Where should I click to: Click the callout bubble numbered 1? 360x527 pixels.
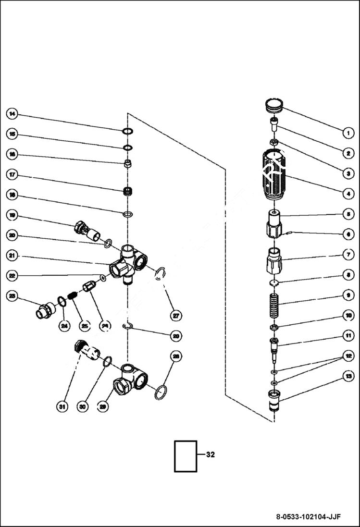click(346, 132)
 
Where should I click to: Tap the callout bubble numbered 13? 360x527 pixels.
click(346, 376)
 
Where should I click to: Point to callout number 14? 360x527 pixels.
click(12, 114)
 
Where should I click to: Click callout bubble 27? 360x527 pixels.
click(176, 315)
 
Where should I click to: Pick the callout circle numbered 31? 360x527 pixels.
click(62, 406)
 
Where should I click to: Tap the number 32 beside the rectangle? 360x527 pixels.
click(210, 454)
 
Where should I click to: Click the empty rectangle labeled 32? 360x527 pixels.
click(186, 456)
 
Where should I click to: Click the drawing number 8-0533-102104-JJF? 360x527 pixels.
click(308, 517)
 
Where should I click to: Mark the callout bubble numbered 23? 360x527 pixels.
click(12, 296)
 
